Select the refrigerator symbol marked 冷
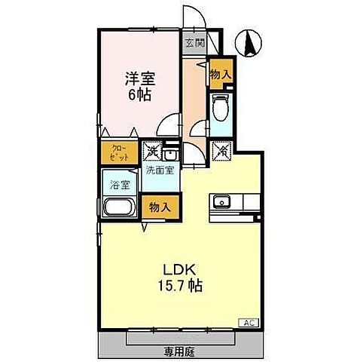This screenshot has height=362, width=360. [x=224, y=150]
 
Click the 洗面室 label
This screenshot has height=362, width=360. [x=160, y=170]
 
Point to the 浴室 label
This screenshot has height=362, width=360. [x=119, y=184]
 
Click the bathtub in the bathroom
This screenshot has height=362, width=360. [x=120, y=209]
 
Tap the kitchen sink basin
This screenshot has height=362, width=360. [x=221, y=201]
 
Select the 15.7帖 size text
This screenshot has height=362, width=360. [x=180, y=287]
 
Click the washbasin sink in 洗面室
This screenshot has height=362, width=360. [x=170, y=155]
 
